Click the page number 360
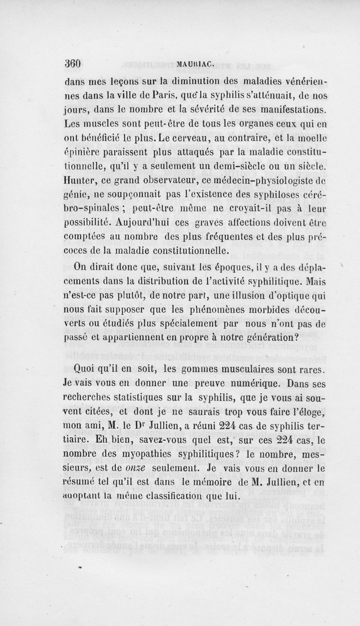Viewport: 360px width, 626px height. pyautogui.click(x=72, y=65)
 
